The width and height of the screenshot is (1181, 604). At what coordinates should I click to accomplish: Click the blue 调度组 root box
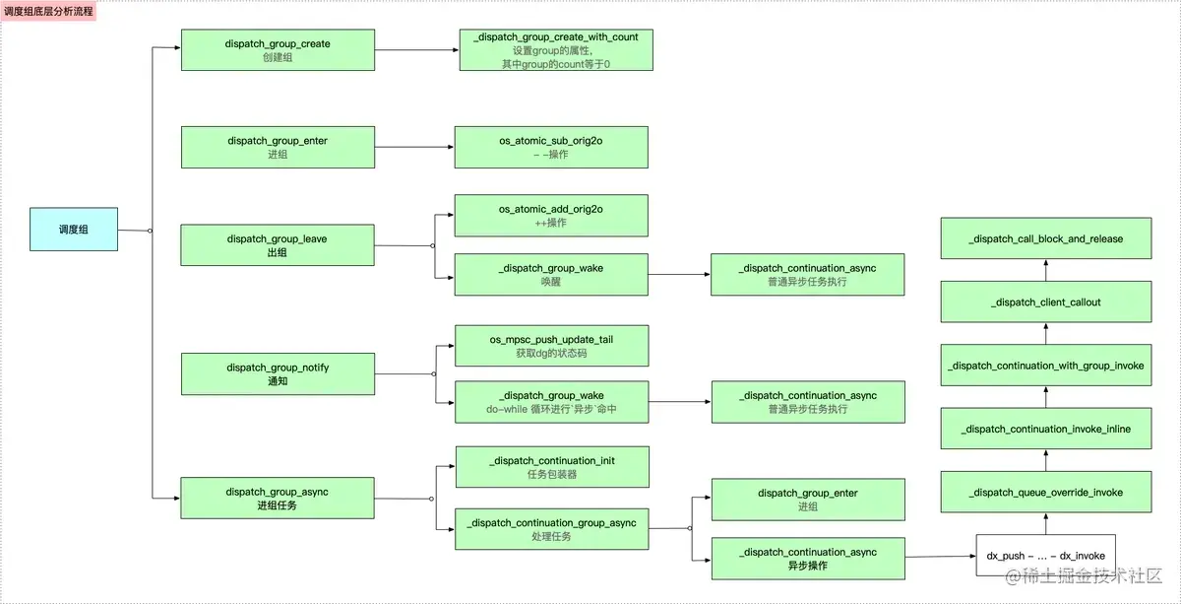point(74,230)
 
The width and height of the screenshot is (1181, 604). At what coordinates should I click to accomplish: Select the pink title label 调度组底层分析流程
point(48,11)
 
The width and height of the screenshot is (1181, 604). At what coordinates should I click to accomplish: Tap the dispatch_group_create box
point(278,50)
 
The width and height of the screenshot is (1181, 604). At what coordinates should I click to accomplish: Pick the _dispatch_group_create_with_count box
point(556,50)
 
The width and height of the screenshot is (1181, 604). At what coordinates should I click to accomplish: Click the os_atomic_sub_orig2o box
point(551,147)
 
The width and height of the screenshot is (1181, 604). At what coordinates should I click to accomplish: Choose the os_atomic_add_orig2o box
point(551,216)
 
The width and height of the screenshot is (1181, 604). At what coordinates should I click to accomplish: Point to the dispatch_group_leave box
point(278,245)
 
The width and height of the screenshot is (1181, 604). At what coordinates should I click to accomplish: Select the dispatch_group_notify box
point(278,373)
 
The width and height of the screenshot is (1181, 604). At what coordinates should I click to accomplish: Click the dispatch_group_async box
point(278,498)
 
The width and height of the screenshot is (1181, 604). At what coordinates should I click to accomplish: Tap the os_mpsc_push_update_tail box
point(552,346)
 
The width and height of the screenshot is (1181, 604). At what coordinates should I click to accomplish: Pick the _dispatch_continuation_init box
point(552,467)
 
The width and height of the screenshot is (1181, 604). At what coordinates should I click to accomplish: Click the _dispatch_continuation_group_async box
point(552,529)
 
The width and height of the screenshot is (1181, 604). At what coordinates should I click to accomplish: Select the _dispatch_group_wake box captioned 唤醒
point(551,275)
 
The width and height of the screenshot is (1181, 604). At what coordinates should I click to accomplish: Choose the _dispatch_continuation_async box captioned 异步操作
point(808,559)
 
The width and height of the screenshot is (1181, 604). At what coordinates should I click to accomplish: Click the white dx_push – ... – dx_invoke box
point(1046,556)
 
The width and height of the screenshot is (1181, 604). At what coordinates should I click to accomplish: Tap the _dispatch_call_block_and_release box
point(1046,238)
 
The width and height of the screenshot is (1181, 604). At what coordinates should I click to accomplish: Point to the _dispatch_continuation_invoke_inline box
point(1046,429)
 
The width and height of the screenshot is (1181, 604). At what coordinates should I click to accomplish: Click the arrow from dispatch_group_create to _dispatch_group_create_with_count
point(417,50)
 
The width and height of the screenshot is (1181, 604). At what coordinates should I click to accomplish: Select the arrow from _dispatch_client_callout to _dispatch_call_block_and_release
point(1046,270)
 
